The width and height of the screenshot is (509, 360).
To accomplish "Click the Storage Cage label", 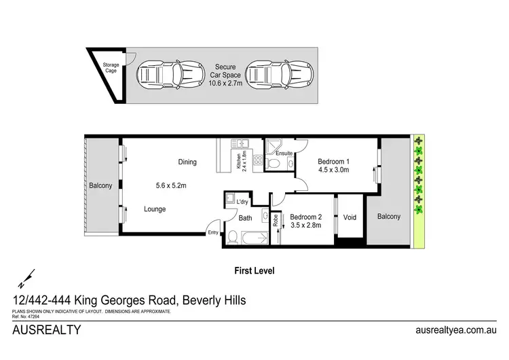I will click(x=111, y=68).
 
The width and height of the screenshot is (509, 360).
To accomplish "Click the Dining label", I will click(x=187, y=162).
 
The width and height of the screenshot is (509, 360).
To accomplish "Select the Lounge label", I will click(x=155, y=209).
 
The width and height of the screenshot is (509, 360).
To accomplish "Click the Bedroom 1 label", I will click(x=333, y=162).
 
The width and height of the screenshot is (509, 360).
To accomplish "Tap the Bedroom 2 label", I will click(x=306, y=217).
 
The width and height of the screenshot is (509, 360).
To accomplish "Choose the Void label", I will click(x=350, y=217).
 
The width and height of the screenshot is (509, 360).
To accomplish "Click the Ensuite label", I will click(x=284, y=154).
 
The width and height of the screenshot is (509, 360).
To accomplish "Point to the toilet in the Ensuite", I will click(x=271, y=164).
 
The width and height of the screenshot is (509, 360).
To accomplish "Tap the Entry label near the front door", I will click(x=214, y=232).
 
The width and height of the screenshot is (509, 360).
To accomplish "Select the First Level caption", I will click(x=254, y=269).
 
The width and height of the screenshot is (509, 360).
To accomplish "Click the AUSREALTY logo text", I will click(x=47, y=331).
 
